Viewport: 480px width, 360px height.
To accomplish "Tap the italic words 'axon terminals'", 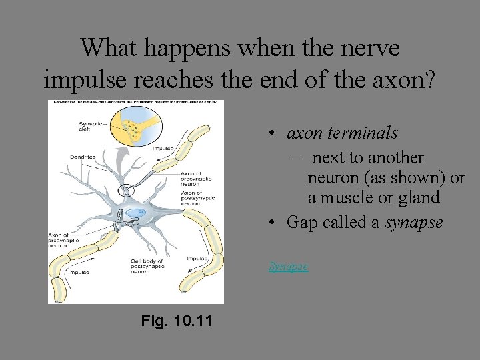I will (342, 133).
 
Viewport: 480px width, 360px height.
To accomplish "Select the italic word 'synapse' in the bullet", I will (413, 222).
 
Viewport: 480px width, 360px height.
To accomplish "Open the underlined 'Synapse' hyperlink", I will (288, 266).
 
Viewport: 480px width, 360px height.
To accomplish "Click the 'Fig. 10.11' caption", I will (177, 321).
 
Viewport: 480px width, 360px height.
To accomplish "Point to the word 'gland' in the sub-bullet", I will (417, 197).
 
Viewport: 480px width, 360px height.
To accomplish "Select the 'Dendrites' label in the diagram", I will (83, 157).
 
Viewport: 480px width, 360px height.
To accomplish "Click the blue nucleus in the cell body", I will (135, 213).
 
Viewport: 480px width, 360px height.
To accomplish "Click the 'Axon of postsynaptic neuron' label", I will (197, 199).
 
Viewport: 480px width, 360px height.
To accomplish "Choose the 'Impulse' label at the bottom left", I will (77, 272).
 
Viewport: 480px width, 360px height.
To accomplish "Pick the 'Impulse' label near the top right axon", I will (164, 149).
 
